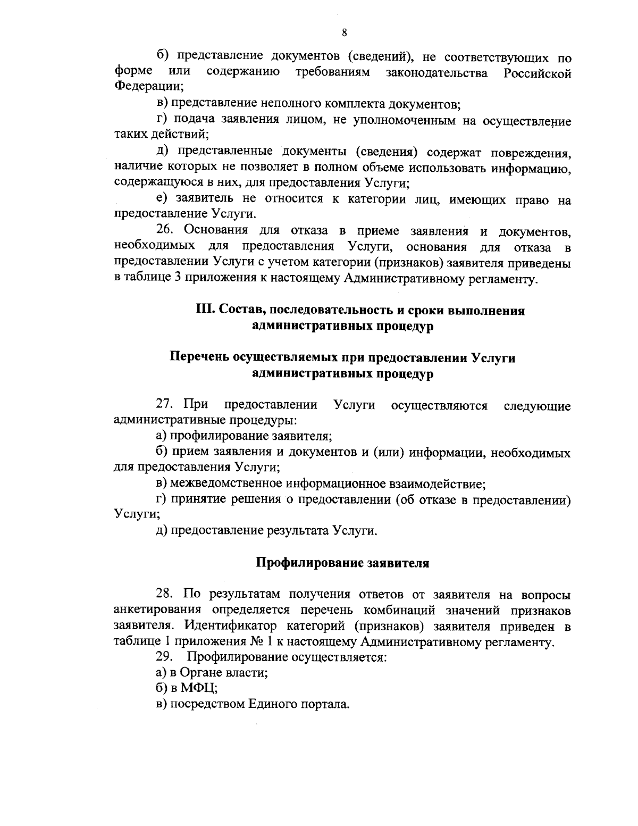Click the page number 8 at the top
(x=344, y=33)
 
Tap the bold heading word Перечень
(x=199, y=358)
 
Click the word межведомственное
(x=226, y=484)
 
